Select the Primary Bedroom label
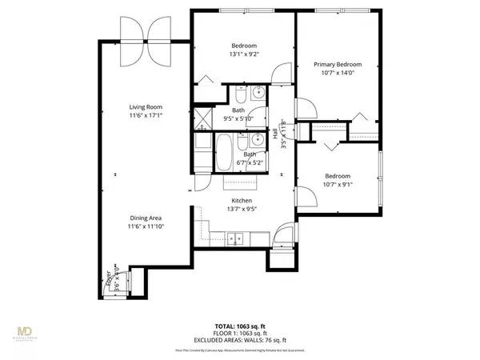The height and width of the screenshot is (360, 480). pyautogui.click(x=338, y=64)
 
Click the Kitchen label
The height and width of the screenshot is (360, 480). pyautogui.click(x=242, y=201)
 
